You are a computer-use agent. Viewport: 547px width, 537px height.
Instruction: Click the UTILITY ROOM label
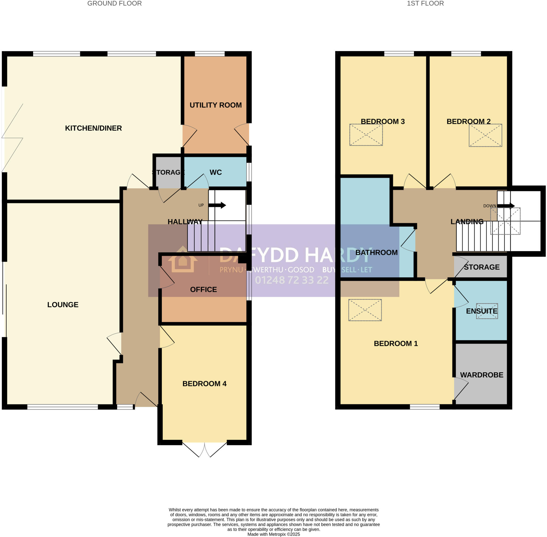[x=215, y=105]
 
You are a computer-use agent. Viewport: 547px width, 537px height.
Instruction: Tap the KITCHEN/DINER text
[x=93, y=128]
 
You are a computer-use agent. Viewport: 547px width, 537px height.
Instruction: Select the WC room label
[x=215, y=172]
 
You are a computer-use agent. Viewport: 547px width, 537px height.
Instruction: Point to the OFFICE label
[x=203, y=289]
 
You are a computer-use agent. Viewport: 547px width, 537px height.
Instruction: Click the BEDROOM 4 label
[x=204, y=384]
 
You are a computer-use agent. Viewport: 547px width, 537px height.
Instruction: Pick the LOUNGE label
[x=63, y=305]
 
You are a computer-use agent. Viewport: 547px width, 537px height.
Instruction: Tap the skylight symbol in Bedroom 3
[x=366, y=135]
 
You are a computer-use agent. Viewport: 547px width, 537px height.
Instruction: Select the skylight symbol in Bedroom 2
[x=485, y=135]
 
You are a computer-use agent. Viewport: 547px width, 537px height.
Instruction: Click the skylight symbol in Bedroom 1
[x=365, y=310]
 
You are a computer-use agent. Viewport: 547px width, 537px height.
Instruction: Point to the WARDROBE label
[x=482, y=375]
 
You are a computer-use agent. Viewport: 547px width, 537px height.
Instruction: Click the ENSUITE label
[x=482, y=311]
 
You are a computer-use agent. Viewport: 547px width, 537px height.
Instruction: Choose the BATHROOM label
[x=376, y=252]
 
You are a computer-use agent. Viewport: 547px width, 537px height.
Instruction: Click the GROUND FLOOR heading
[x=114, y=3]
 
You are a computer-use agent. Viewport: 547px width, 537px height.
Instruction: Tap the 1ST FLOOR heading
[x=425, y=3]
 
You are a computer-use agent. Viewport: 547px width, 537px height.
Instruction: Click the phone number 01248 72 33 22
[x=292, y=280]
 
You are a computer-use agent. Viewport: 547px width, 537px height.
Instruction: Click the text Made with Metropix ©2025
[x=273, y=534]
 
